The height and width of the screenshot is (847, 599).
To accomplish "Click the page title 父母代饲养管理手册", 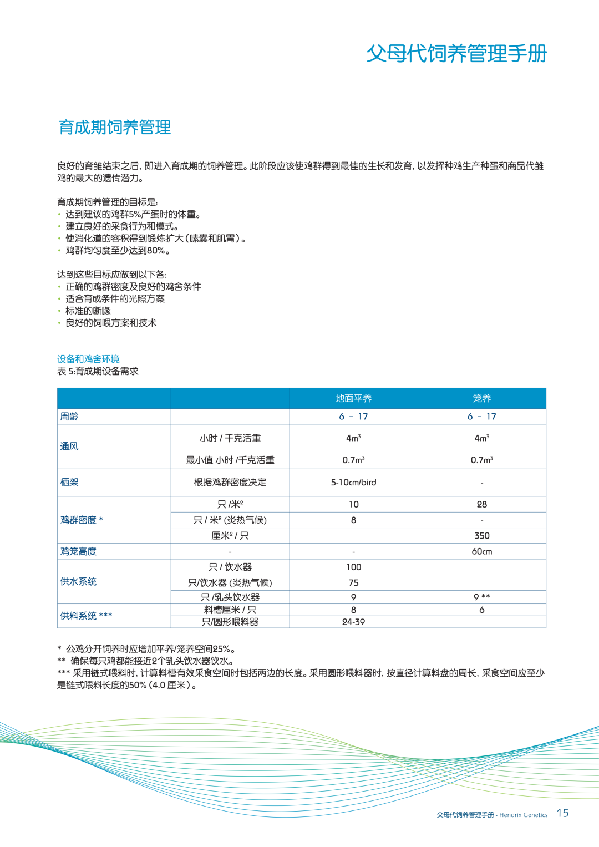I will pos(456,54).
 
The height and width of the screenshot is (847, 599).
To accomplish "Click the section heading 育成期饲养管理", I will pos(115,128).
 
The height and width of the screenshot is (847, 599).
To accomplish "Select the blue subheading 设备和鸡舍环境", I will pos(88,359).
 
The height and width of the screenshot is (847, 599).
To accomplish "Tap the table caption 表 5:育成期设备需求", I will pos(98,371).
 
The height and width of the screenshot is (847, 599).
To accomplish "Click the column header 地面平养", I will pos(353,398).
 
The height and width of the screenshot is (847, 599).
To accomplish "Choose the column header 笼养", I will pos(481,398).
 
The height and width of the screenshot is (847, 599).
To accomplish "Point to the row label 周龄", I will pos(69,417).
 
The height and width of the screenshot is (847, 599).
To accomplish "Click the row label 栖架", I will pos(69,482).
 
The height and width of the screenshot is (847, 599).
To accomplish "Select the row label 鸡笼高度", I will pos(78,551).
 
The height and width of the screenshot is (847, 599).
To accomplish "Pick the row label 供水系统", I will pos(78,581).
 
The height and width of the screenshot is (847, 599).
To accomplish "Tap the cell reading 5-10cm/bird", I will pos(353,482).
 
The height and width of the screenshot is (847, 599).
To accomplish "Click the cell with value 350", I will pos(481,535).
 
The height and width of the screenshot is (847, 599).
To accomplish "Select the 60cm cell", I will pos(481,551).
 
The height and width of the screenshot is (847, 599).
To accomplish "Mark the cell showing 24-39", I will pos(353,622).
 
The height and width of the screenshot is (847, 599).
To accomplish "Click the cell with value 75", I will pos(353,582).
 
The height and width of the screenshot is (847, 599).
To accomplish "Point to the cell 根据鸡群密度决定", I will pos(230,482).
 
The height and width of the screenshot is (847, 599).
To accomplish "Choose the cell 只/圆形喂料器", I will pos(230,622).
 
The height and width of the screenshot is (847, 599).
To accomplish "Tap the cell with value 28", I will pos(481,504).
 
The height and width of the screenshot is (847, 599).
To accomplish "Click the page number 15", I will pos(562,813).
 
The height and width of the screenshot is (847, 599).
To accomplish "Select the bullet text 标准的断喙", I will pos(88,311).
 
